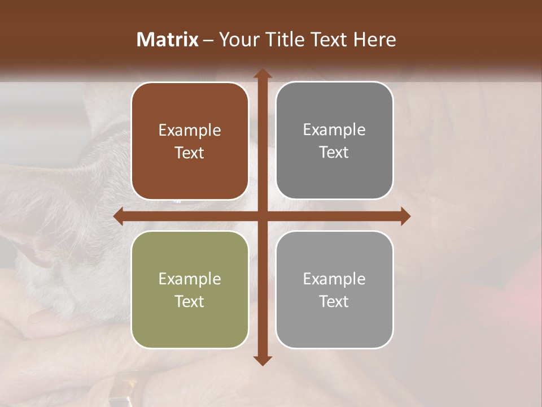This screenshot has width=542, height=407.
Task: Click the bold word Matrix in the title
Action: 168,40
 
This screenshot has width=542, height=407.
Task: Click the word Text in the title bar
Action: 329,40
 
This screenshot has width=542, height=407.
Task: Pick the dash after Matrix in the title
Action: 208,40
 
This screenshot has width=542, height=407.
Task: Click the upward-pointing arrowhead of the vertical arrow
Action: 262,74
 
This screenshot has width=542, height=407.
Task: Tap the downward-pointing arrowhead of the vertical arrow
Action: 262,360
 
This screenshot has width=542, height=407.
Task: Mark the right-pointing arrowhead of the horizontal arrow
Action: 405,217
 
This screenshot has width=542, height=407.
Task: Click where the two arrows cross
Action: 262,217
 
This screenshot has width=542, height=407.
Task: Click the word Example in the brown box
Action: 190,131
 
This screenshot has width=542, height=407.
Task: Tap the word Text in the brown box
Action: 190,153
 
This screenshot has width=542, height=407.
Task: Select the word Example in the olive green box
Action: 190,279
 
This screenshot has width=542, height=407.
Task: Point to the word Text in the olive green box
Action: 190,301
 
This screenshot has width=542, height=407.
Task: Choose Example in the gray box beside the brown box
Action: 334,130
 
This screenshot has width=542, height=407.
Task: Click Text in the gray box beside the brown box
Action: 334,152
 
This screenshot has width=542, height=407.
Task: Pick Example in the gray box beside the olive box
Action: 334,279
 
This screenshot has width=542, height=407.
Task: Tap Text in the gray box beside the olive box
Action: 334,301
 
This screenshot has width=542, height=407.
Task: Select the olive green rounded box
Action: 190,328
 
